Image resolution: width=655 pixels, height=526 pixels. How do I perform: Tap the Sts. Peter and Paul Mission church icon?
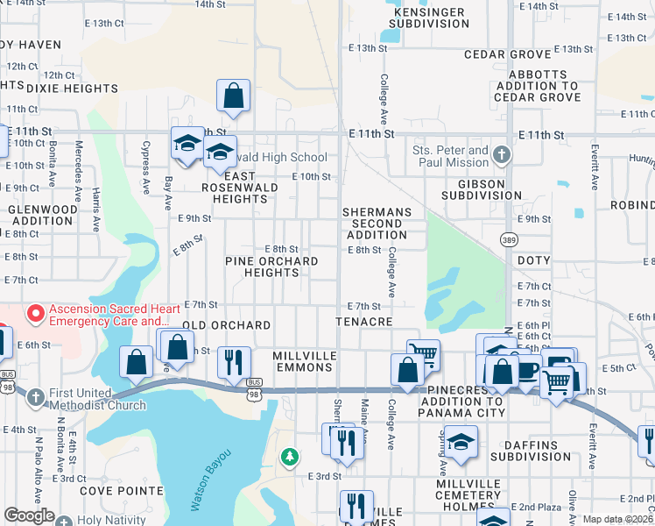click(501, 156)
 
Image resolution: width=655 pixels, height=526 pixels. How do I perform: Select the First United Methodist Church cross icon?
click(36, 398)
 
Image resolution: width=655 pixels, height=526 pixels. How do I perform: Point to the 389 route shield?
click(508, 239)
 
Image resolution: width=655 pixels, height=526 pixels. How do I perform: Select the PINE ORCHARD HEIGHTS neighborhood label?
click(271, 267)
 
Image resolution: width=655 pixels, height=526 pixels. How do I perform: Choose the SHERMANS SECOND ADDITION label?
click(377, 224)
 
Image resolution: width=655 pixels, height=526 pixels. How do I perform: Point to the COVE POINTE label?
click(122, 491)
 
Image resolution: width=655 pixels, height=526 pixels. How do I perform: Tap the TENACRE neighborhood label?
click(363, 323)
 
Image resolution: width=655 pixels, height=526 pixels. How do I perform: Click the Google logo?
click(29, 515)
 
